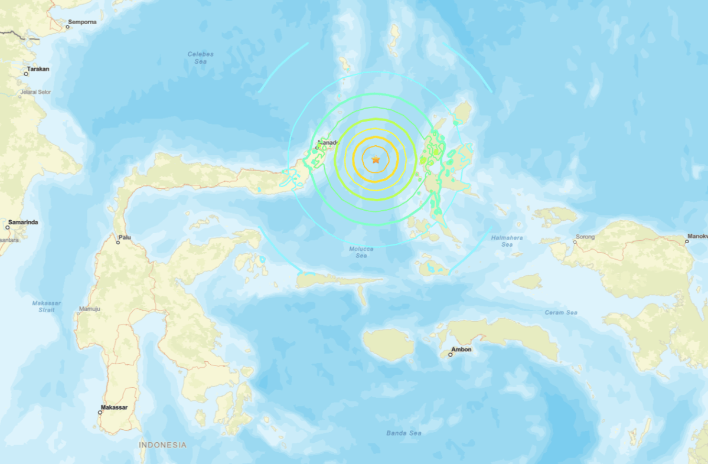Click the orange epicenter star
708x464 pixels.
tap(376, 159)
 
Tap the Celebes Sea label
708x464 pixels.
tap(200, 57)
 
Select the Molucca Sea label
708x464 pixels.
tap(361, 252)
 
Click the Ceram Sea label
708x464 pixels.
tap(561, 312)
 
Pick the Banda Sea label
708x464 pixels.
tap(404, 433)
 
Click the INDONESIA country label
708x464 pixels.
tap(163, 445)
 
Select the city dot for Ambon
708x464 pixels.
tap(450, 354)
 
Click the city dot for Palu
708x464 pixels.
tap(118, 242)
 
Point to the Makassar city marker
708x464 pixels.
tap(100, 412)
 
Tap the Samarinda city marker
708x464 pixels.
tap(8, 227)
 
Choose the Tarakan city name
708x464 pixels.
tap(38, 69)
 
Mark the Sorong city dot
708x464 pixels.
tap(575, 241)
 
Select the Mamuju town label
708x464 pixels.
tap(89, 309)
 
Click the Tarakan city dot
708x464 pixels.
tap(26, 74)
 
